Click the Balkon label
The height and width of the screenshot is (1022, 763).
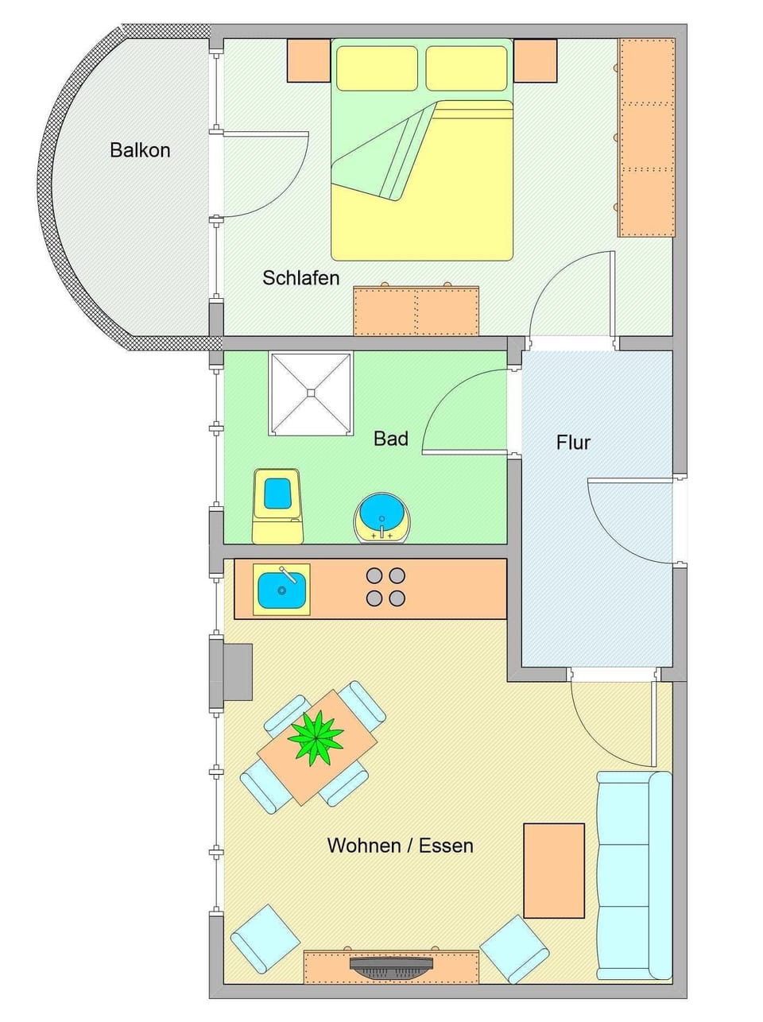[140, 150]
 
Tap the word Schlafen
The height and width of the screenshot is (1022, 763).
[300, 278]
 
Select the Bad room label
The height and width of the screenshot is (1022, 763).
[390, 439]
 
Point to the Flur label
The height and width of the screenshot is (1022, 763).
[573, 443]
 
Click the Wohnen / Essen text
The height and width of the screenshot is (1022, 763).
[400, 846]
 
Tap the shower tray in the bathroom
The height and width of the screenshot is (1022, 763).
[311, 393]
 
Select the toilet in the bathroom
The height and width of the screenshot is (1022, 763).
[277, 505]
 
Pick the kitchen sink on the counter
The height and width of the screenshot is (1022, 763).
[281, 590]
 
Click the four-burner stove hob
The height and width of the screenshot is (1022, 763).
[385, 587]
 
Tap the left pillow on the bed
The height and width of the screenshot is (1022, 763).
[378, 68]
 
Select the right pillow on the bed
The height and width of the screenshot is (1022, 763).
[466, 68]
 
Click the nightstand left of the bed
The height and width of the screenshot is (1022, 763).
[308, 60]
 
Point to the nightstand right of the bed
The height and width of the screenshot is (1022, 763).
[535, 60]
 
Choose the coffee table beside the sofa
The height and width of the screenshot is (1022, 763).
[554, 870]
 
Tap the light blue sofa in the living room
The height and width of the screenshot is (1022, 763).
[633, 875]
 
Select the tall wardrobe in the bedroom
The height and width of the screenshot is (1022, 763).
[646, 137]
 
